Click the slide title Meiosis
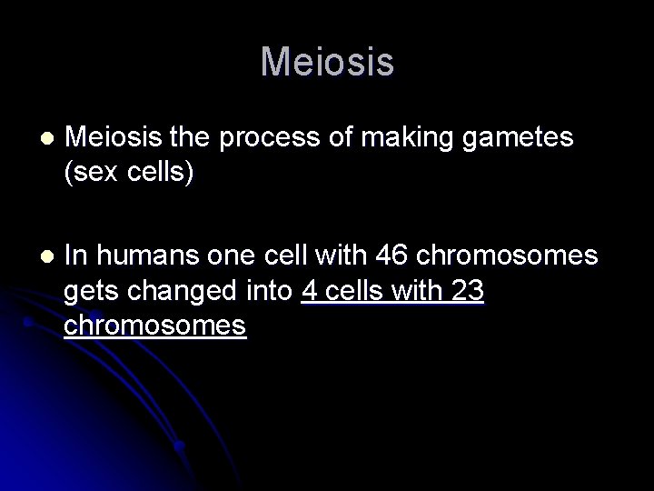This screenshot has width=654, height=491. pos(327,63)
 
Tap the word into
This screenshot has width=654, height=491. pos(270,291)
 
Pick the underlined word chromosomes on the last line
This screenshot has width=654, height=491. pos(155,325)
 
